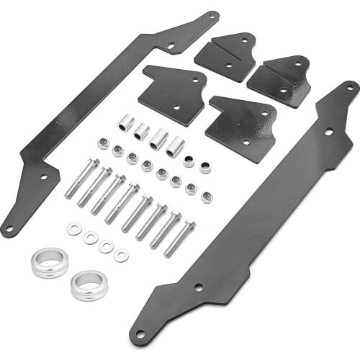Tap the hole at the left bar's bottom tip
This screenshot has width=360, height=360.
pos(9,230)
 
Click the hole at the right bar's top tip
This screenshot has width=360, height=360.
pos(350,86)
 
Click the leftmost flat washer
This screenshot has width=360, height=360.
pos(74,229)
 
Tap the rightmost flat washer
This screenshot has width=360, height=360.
pos(122,255)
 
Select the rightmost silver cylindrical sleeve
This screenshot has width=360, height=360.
pos(175,147)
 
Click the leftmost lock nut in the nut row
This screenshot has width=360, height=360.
pos(104,144)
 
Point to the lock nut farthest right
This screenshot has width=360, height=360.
pos(207,197)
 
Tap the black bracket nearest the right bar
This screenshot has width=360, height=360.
pos(241,127)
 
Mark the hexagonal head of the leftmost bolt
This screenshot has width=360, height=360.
pos(94,163)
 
